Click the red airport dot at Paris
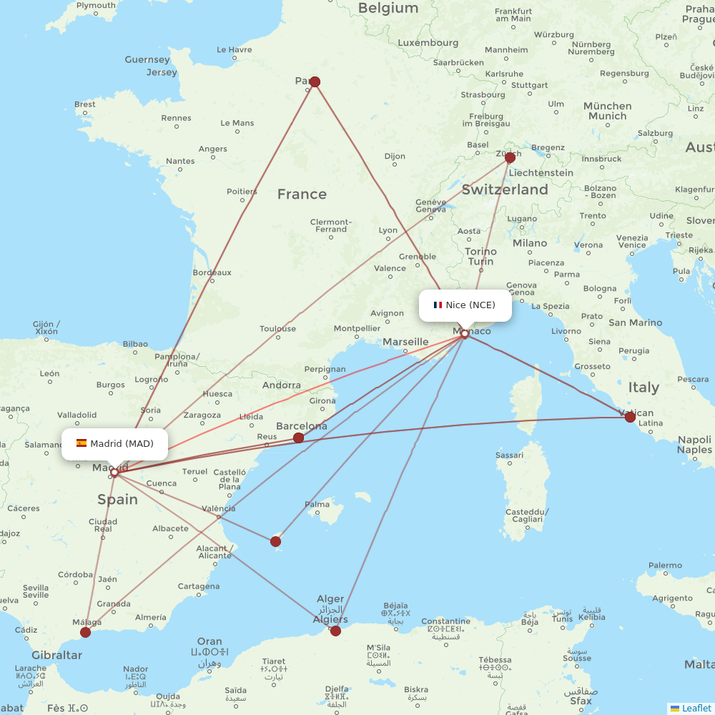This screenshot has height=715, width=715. [x=315, y=82]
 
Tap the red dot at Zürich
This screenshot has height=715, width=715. [x=510, y=157]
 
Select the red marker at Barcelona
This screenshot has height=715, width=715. [x=299, y=438]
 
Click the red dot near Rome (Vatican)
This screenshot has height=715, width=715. [x=630, y=417]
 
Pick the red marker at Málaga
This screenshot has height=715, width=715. [x=86, y=632]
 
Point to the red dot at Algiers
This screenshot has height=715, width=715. [x=335, y=631]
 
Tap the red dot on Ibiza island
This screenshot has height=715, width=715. [x=276, y=542]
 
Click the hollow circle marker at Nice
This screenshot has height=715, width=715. [x=465, y=333]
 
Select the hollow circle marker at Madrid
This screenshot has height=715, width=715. [x=114, y=472]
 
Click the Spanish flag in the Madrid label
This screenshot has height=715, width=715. [x=82, y=443]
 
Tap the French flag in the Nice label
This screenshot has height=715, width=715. [x=438, y=305]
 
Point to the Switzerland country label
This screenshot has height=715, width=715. [x=505, y=190]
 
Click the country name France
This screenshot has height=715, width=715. [x=302, y=194]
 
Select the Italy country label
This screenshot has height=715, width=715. [x=643, y=388]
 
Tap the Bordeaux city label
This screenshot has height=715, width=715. [x=212, y=272]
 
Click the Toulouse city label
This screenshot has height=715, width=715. [x=277, y=329]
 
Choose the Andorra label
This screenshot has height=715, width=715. [x=281, y=385]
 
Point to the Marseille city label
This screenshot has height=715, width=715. [x=405, y=342]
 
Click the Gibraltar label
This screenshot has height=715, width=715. [x=56, y=655]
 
